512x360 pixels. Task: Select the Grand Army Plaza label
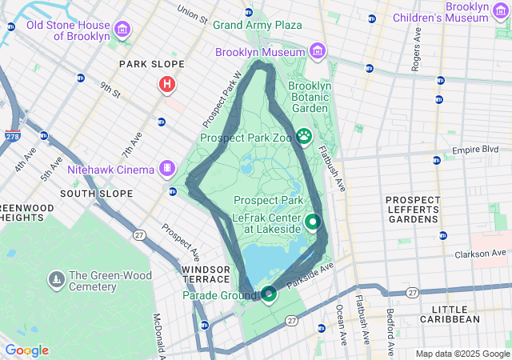tap(257, 25)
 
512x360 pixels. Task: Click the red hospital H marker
tap(167, 83)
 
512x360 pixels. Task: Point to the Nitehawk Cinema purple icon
tap(166, 169)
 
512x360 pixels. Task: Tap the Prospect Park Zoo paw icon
tap(304, 137)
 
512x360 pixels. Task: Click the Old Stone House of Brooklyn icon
tap(122, 30)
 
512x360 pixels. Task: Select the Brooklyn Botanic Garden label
tap(309, 97)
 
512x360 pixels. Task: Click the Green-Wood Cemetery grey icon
tap(57, 280)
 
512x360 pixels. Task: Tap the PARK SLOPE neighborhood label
tap(151, 64)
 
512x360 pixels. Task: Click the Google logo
tap(26, 350)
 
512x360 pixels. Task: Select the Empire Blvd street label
tap(475, 150)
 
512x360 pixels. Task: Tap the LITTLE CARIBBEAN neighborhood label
tap(461, 314)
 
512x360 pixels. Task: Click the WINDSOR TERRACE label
tap(206, 275)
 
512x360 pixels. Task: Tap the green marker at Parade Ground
tap(269, 294)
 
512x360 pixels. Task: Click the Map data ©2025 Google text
tap(462, 354)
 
